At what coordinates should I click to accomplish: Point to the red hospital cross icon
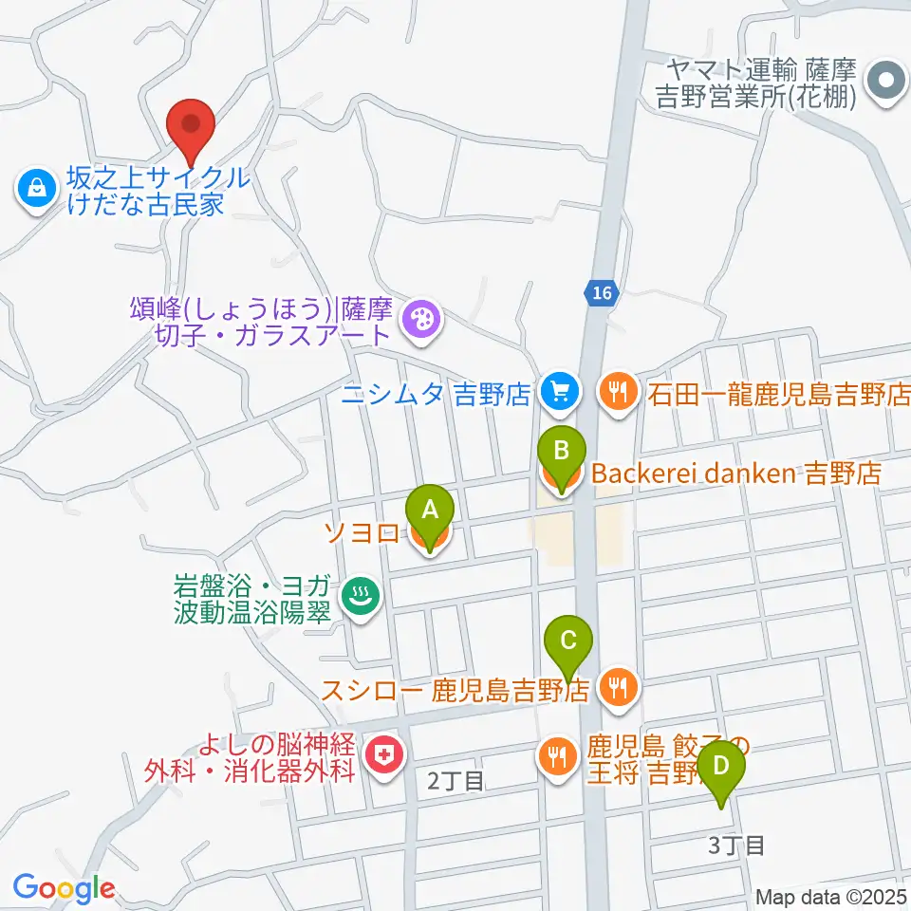384,756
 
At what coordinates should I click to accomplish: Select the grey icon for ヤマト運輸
887,83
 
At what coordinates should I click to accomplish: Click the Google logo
64,888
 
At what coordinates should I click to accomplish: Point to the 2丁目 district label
455,781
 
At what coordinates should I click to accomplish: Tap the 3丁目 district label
736,845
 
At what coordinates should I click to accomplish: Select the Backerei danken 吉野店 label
736,473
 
